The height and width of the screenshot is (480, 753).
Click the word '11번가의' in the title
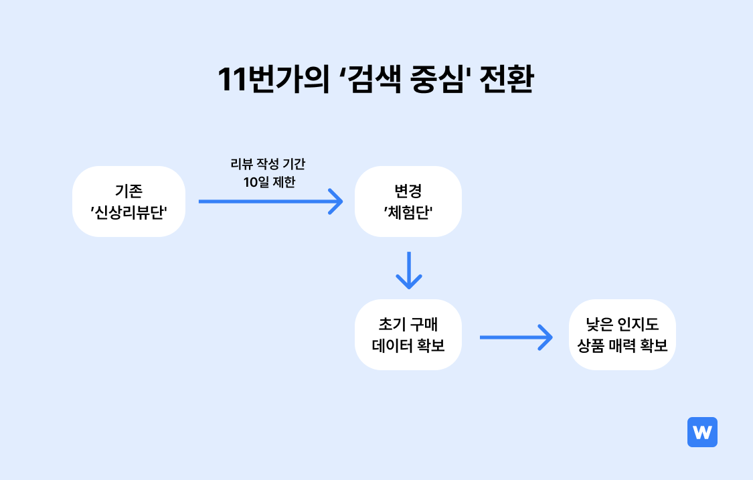tap(273, 79)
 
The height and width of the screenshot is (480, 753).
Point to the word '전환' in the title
tap(506, 79)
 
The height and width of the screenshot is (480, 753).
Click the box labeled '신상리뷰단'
tap(129, 202)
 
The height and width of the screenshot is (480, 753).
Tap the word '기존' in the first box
tap(129, 191)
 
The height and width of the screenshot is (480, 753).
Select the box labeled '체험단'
tap(408, 202)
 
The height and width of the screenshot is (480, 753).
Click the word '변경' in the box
tap(408, 191)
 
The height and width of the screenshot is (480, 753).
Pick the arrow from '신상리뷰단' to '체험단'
tap(271, 202)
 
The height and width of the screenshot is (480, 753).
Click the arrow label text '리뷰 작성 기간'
tap(268, 164)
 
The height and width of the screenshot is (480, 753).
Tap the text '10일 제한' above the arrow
tap(270, 182)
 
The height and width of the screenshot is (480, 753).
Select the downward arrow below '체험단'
tap(409, 270)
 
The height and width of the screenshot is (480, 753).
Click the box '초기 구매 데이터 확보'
tap(408, 335)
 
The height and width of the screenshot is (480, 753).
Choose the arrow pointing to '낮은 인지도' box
tap(516, 337)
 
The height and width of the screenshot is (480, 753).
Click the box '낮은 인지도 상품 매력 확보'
tap(622, 335)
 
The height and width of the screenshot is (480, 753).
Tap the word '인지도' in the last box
tap(639, 324)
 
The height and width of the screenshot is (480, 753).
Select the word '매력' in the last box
tap(622, 345)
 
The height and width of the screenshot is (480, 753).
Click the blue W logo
tap(702, 432)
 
